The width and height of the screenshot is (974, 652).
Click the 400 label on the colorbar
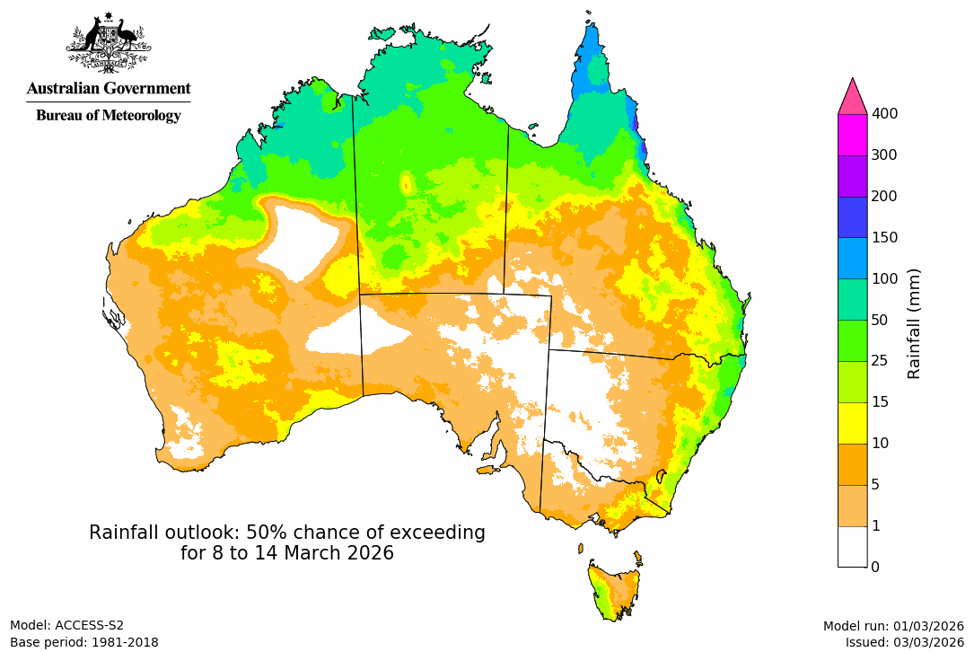(885, 114)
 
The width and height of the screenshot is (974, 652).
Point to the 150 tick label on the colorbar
(885, 238)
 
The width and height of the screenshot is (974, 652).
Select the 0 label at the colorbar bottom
(875, 567)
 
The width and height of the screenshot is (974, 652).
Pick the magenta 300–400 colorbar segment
(852, 135)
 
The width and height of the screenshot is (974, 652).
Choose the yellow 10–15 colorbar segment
(852, 423)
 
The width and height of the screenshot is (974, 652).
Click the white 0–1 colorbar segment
(852, 546)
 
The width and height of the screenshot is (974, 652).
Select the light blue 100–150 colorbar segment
(852, 258)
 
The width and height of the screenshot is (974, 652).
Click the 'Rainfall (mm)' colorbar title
(915, 323)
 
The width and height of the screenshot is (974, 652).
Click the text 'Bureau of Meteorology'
(109, 115)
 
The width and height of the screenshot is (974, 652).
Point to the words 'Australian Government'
(109, 88)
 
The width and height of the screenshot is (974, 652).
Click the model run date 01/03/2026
(927, 626)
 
